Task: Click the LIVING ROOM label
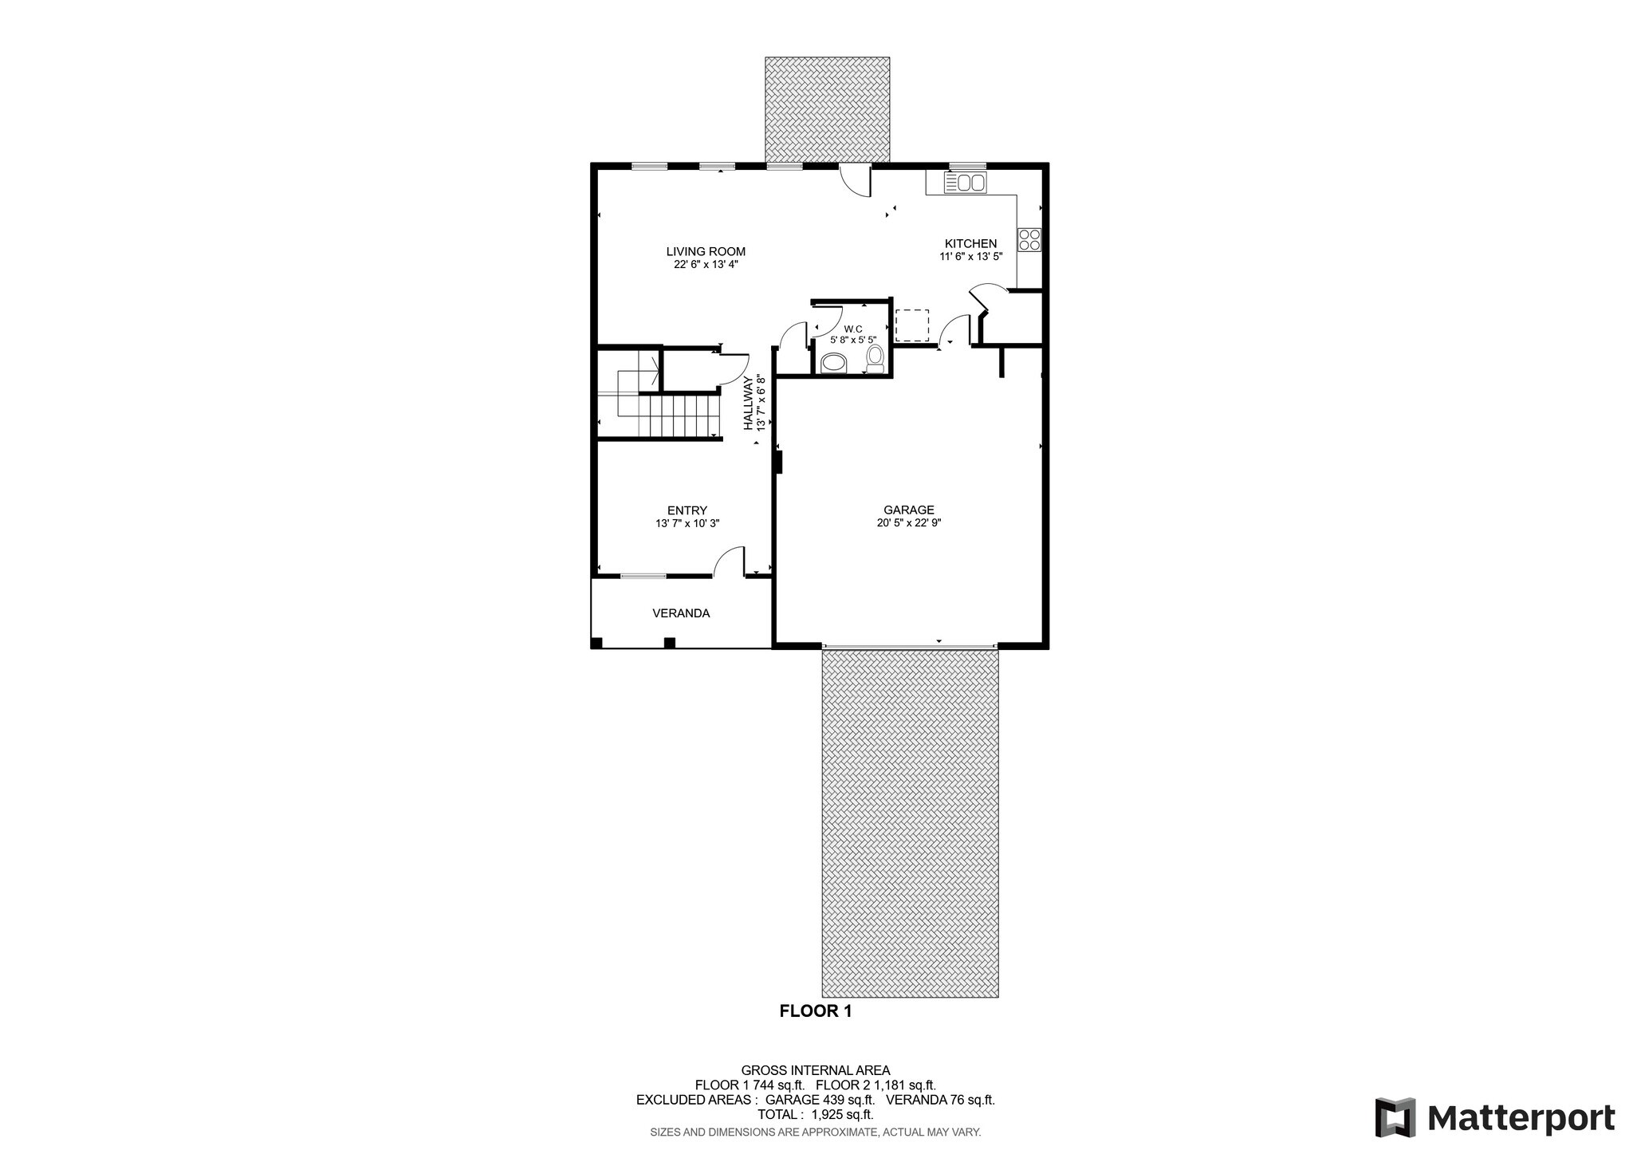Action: (x=706, y=251)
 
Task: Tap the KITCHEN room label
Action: (x=970, y=243)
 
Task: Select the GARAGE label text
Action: (x=908, y=510)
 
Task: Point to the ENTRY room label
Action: (x=687, y=510)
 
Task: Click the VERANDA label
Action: (x=681, y=613)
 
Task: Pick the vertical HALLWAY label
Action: (x=749, y=404)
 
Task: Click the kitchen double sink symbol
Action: (x=965, y=183)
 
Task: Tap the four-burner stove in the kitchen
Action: (x=1029, y=239)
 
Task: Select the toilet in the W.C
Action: (x=875, y=358)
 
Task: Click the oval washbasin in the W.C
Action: (x=835, y=364)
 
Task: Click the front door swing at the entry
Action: (x=729, y=561)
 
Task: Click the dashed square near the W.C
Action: (x=911, y=325)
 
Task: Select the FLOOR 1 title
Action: (x=815, y=1011)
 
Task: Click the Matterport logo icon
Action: (x=1395, y=1117)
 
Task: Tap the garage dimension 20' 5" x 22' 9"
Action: (x=908, y=524)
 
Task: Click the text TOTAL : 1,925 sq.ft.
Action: (x=815, y=1114)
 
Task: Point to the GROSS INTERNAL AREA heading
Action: (x=815, y=1070)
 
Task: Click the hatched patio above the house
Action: (x=827, y=108)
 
